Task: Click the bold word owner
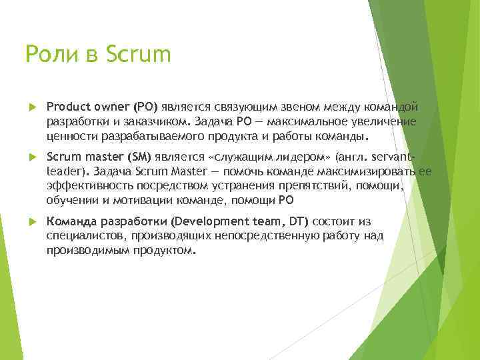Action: click(x=113, y=107)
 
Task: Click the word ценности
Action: click(x=71, y=137)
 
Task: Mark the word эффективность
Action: click(x=86, y=187)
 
